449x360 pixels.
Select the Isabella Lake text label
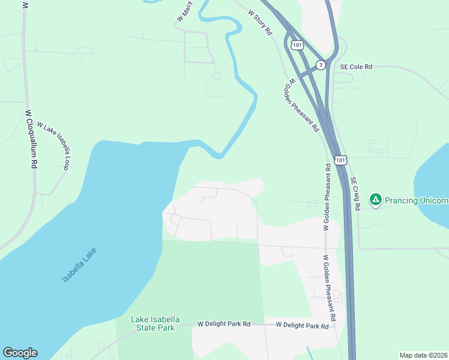[x=79, y=265]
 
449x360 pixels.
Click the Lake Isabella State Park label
[x=153, y=323]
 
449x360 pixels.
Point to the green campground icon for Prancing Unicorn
[x=375, y=200]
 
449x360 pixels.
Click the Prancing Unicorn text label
[x=416, y=200]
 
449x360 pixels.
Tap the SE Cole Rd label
[x=356, y=67]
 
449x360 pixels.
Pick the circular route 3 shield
[x=321, y=65]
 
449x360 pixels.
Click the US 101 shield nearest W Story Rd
[x=297, y=45]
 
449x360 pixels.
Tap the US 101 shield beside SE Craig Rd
[x=340, y=160]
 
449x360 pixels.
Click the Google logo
[x=20, y=353]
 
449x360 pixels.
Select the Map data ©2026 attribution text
[x=423, y=355]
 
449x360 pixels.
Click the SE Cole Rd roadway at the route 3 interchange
[x=333, y=67]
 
